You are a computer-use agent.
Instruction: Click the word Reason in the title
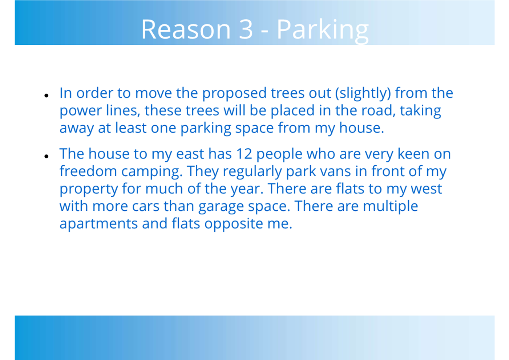[186, 29]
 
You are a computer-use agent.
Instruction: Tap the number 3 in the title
[246, 29]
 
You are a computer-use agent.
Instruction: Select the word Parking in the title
[323, 31]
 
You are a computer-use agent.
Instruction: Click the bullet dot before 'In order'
[47, 96]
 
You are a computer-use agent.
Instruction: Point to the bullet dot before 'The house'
[47, 156]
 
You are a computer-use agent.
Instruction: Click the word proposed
[234, 94]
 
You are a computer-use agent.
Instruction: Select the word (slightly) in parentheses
[363, 94]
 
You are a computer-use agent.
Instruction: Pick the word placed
[292, 111]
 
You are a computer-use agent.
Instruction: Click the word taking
[420, 111]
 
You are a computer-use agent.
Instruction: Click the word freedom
[88, 171]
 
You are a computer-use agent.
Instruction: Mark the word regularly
[252, 172]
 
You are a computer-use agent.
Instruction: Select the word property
[89, 190]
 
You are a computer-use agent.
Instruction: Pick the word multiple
[390, 207]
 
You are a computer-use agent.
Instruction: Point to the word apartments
[98, 224]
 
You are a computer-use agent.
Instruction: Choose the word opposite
[234, 224]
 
